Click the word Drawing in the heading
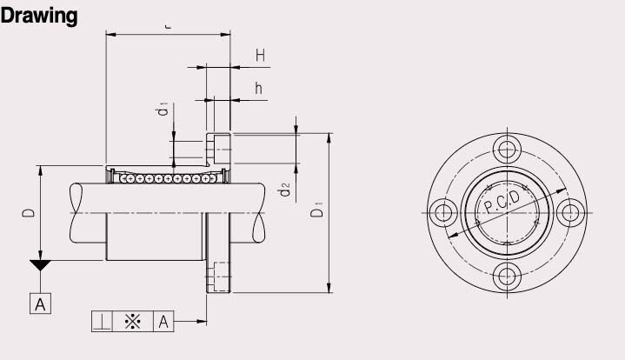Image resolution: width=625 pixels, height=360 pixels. (x=39, y=16)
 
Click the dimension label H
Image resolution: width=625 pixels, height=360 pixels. (x=260, y=56)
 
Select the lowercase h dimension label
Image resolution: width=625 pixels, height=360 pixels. (x=259, y=88)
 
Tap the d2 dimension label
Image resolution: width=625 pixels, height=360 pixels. (x=284, y=190)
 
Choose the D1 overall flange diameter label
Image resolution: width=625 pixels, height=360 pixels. (x=318, y=210)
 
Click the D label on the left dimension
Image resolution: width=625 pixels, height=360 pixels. (x=28, y=212)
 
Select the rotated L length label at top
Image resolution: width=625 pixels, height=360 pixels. (x=167, y=26)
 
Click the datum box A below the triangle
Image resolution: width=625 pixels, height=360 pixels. (x=40, y=303)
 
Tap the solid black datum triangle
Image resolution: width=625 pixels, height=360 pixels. (x=40, y=265)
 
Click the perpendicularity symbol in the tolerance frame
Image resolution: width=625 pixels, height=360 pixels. (x=103, y=322)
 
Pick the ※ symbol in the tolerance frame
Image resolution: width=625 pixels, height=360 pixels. (x=132, y=322)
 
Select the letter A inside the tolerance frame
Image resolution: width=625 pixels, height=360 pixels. (x=163, y=322)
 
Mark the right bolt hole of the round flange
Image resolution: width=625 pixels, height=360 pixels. (x=570, y=212)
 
